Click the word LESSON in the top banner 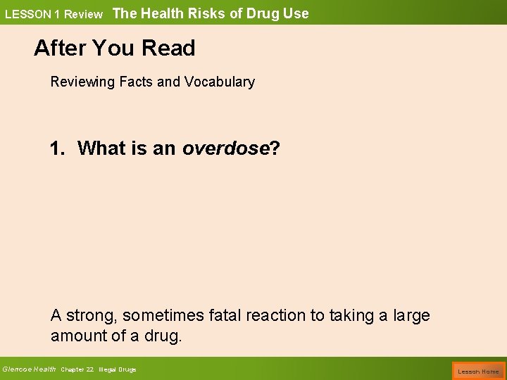(x=25, y=14)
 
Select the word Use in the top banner (x=296, y=13)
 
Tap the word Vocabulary (x=220, y=82)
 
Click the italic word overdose (x=226, y=148)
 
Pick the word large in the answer (x=411, y=316)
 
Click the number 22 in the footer (x=89, y=369)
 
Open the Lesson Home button (x=478, y=371)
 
